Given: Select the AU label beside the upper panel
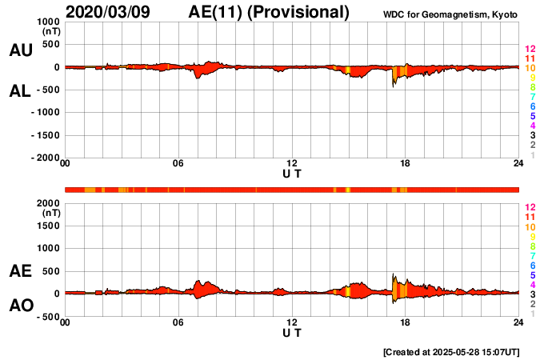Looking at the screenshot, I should [21, 50].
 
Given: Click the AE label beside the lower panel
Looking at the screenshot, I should [21, 272].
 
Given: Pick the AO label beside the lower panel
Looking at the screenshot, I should [21, 306].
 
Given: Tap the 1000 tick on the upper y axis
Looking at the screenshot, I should [48, 22].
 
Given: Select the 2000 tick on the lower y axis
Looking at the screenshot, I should [48, 203].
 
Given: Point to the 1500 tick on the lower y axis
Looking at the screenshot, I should [48, 226].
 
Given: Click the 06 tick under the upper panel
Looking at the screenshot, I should [178, 164].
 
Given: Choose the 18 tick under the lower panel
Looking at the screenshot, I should [406, 322].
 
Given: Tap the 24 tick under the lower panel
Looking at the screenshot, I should [518, 322].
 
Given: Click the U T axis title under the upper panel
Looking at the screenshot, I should [292, 173].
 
